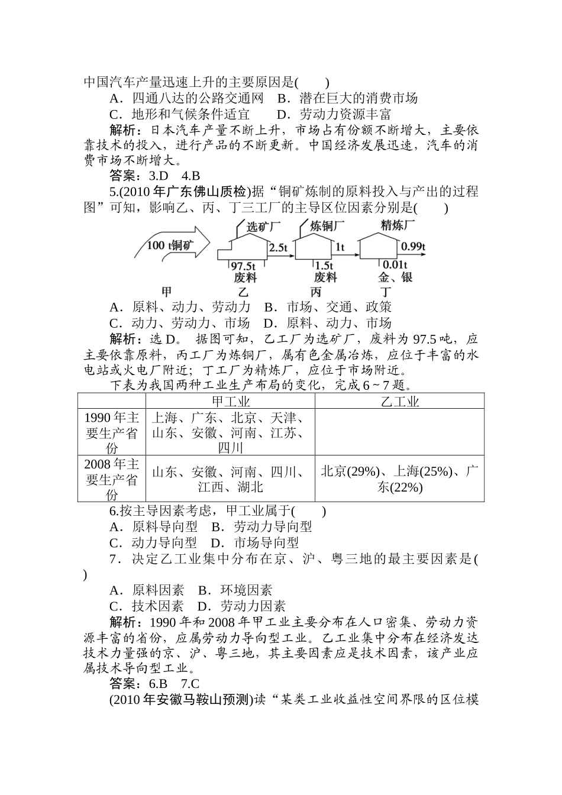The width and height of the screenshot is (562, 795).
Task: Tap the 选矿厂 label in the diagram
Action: pyautogui.click(x=263, y=227)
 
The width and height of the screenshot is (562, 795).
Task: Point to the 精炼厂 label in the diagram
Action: pyautogui.click(x=398, y=225)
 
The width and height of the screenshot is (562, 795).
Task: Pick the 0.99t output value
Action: pyautogui.click(x=413, y=247)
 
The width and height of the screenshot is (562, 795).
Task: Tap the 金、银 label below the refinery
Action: pyautogui.click(x=395, y=277)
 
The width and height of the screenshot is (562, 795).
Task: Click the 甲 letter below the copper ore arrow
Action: pyautogui.click(x=166, y=292)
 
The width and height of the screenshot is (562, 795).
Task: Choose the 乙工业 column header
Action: pyautogui.click(x=399, y=402)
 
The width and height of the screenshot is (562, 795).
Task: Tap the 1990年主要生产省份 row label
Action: pyautogui.click(x=111, y=432)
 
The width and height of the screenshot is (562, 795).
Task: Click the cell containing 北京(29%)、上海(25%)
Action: pyautogui.click(x=399, y=479)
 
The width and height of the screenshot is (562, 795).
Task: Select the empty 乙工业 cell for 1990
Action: pyautogui.click(x=399, y=432)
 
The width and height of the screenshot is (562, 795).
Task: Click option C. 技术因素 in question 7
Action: pyautogui.click(x=147, y=606)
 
